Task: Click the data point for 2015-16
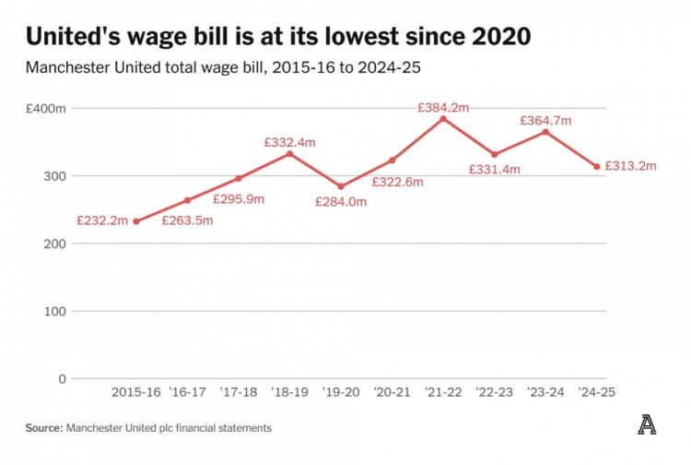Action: [x=136, y=221]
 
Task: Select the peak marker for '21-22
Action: [x=443, y=119]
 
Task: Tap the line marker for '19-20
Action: [x=341, y=186]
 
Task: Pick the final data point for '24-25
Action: [x=597, y=167]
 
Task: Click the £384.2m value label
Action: [x=443, y=107]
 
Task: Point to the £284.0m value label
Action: [x=341, y=201]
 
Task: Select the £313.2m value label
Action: [x=631, y=166]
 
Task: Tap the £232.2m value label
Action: [x=103, y=221]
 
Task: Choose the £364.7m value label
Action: [x=545, y=120]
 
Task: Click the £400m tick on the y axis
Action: [x=47, y=109]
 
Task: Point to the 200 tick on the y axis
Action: [x=56, y=244]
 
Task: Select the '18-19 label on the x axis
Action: [x=289, y=392]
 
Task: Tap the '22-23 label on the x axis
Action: [x=494, y=392]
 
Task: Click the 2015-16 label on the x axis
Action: [x=136, y=392]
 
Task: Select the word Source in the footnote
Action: [x=42, y=428]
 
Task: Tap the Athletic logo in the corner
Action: [x=647, y=425]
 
